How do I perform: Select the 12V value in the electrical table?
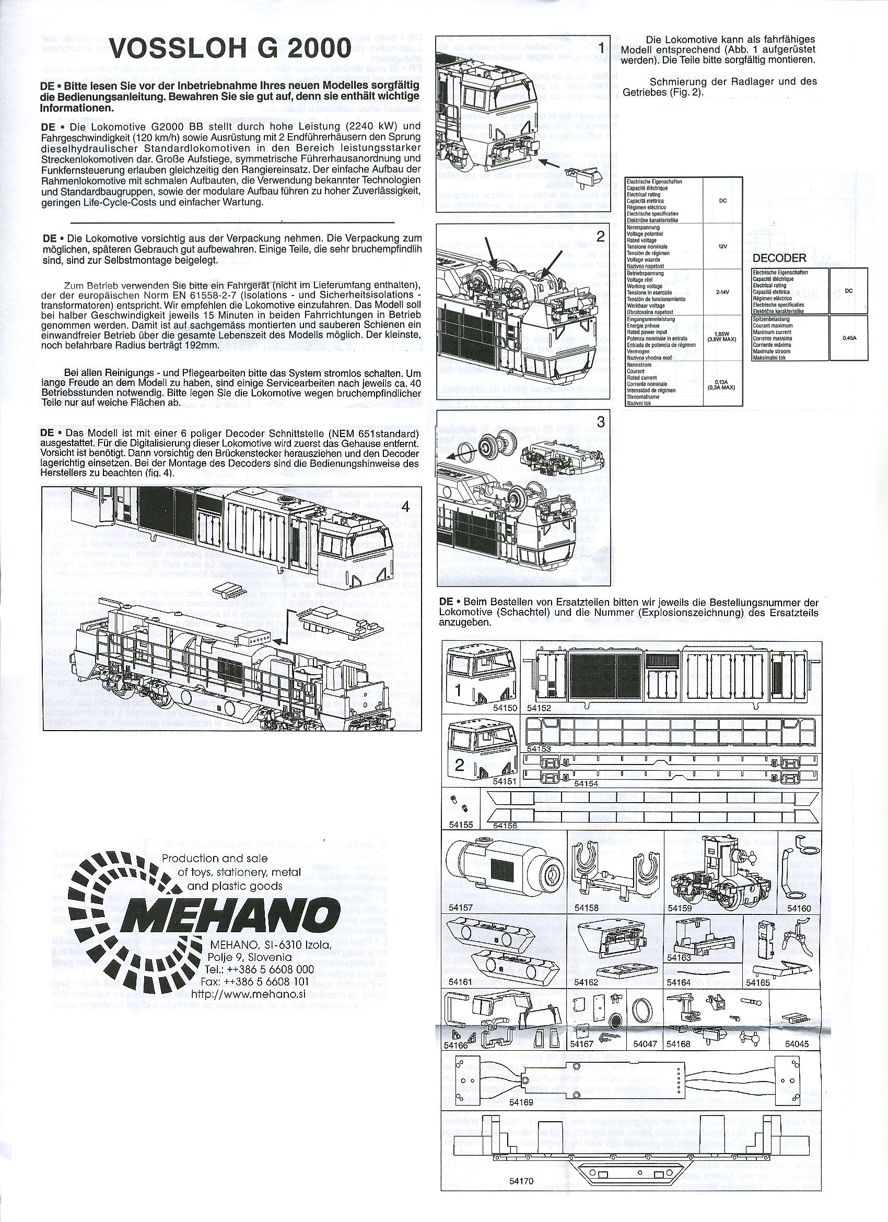(722, 246)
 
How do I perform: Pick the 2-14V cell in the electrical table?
(722, 292)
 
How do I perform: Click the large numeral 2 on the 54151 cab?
(459, 765)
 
